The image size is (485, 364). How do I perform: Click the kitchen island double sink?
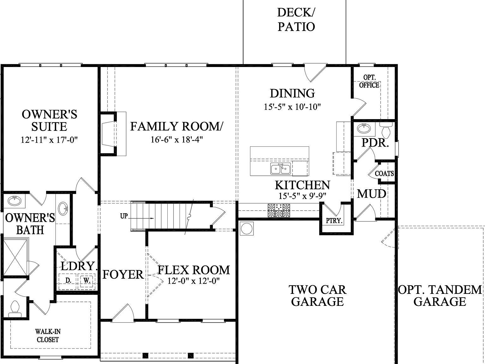[280, 169]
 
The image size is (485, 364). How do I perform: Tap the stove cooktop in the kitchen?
[278, 211]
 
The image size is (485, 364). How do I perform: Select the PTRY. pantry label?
[334, 221]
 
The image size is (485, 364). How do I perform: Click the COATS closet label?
[384, 173]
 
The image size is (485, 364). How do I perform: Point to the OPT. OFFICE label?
[369, 82]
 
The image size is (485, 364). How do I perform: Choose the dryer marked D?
[68, 280]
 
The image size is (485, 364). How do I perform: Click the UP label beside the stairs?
[124, 216]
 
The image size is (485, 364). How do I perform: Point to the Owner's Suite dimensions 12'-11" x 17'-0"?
[49, 140]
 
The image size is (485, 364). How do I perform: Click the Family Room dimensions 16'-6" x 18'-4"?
[176, 140]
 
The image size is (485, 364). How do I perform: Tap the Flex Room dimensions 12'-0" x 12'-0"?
[194, 281]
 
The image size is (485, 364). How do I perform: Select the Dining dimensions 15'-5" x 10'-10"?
[292, 107]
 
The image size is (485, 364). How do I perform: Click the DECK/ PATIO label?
[296, 20]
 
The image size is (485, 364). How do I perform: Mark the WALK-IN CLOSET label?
[48, 336]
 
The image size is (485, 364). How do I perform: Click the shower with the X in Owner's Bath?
[15, 257]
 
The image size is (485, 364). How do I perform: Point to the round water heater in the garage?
[247, 228]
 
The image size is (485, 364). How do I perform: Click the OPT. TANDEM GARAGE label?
[440, 295]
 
